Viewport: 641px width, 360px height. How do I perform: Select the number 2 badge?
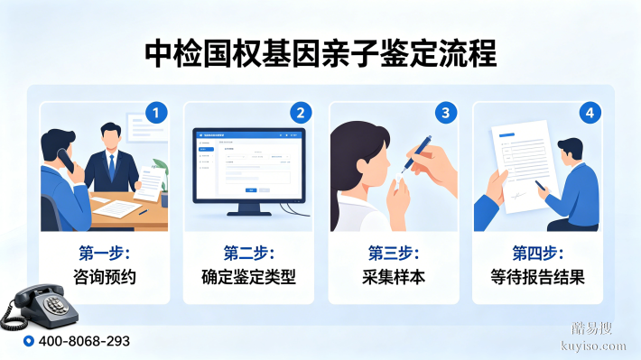click(301, 113)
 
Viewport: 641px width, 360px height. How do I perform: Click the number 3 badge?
click(444, 113)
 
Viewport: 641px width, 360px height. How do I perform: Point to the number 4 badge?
click(589, 113)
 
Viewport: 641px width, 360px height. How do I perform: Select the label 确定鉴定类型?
click(248, 277)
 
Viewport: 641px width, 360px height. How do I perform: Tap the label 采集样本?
click(393, 277)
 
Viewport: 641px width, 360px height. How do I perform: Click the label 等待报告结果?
click(537, 277)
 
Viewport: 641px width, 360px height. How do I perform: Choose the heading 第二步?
click(248, 253)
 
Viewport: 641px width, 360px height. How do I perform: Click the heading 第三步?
click(393, 253)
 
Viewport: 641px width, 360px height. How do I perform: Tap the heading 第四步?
click(537, 253)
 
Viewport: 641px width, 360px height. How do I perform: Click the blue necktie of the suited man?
click(112, 167)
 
